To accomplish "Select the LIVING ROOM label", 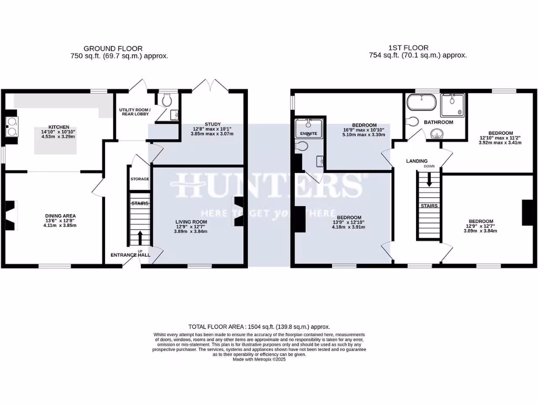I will click(x=191, y=222).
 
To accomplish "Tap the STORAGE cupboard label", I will click(x=139, y=179).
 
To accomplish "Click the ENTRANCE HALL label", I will click(x=130, y=255).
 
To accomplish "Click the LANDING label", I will click(x=417, y=161).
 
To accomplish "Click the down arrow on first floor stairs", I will click(x=429, y=181).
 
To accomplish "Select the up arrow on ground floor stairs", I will click(x=140, y=237).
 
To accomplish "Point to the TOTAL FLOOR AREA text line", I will click(x=260, y=326).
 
